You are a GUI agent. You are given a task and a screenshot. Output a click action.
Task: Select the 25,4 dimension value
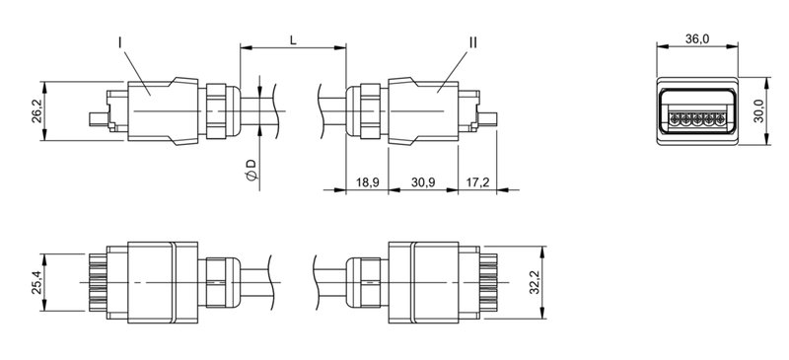[36, 283]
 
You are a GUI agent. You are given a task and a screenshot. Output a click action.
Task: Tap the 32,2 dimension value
[535, 283]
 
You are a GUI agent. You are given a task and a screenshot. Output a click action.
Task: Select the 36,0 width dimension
[696, 38]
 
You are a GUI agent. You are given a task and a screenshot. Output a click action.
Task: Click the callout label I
[119, 43]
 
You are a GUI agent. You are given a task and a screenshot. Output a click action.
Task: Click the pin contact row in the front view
[696, 117]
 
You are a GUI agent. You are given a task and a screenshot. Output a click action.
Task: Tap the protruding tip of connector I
[94, 120]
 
